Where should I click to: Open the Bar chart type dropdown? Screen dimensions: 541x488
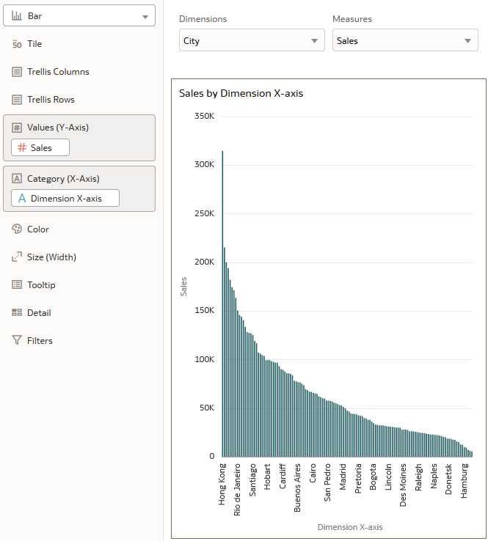coord(79,15)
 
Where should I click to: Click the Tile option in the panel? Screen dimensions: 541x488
coord(34,44)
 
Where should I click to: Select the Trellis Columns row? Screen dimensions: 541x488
coord(58,72)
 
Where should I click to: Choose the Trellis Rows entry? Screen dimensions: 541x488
coord(51,100)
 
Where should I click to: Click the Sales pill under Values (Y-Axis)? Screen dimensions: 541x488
coord(41,147)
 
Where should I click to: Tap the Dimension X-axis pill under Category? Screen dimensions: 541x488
coord(65,198)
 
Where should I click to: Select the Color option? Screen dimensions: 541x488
coord(38,229)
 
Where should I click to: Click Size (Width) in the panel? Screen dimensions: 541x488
coord(51,257)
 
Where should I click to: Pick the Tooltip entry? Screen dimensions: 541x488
coord(41,285)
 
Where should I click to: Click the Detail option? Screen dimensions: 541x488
coord(39,313)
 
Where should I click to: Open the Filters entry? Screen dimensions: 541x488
coord(40,341)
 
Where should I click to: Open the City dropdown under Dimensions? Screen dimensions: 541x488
coord(252,41)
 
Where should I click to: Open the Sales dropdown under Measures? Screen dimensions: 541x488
coord(405,41)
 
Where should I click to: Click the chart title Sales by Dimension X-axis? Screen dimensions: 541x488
coord(241,94)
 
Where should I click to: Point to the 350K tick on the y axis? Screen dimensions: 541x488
coord(203,116)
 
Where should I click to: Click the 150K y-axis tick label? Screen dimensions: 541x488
coord(203,311)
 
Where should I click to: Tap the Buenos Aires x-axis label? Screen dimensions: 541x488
coord(297,487)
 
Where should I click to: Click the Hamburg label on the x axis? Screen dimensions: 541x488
coord(465,481)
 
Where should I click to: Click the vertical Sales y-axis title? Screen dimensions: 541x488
coord(183,286)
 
